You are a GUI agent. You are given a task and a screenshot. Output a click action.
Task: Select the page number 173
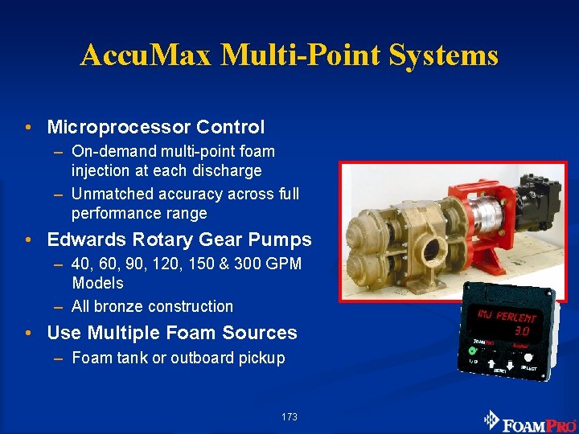pyautogui.click(x=289, y=417)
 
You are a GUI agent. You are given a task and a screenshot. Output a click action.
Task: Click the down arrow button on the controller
pyautogui.click(x=510, y=367)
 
